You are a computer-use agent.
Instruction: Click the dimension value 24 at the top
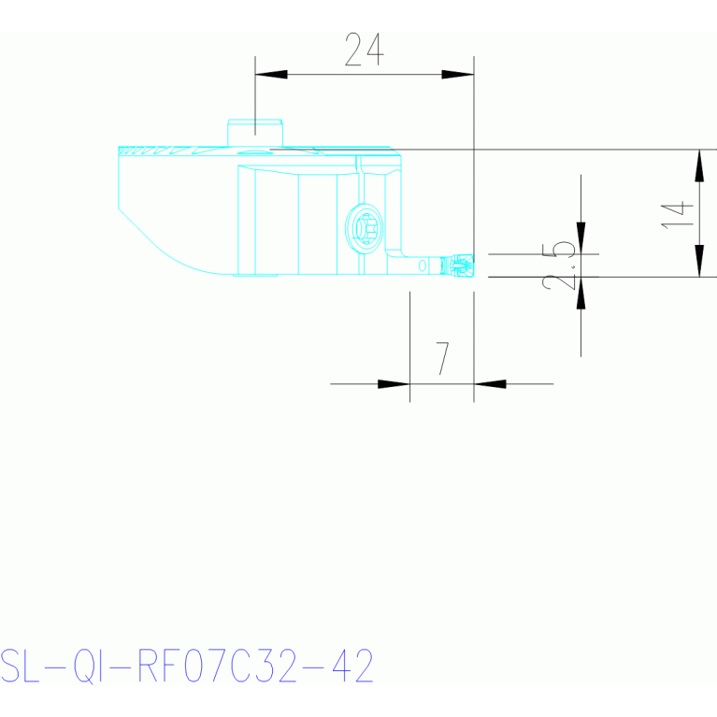[x=364, y=50]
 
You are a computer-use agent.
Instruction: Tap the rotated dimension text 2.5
[x=561, y=265]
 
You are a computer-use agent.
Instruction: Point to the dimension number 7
[x=442, y=358]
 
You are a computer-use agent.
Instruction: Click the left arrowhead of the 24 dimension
[x=271, y=74]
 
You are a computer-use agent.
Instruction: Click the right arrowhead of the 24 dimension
[x=458, y=74]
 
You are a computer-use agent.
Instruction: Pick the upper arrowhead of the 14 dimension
[x=699, y=166]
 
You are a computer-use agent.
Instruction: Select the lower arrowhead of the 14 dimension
[x=699, y=261]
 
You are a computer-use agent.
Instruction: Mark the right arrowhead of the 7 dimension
[x=489, y=383]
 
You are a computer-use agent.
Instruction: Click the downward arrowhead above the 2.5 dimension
[x=581, y=237]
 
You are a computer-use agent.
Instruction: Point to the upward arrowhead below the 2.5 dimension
[x=581, y=293]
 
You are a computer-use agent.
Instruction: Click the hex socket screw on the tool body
[x=365, y=225]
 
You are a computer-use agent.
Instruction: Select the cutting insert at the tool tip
[x=461, y=265]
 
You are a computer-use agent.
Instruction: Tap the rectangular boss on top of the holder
[x=255, y=133]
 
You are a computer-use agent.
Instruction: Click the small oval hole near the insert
[x=423, y=265]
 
